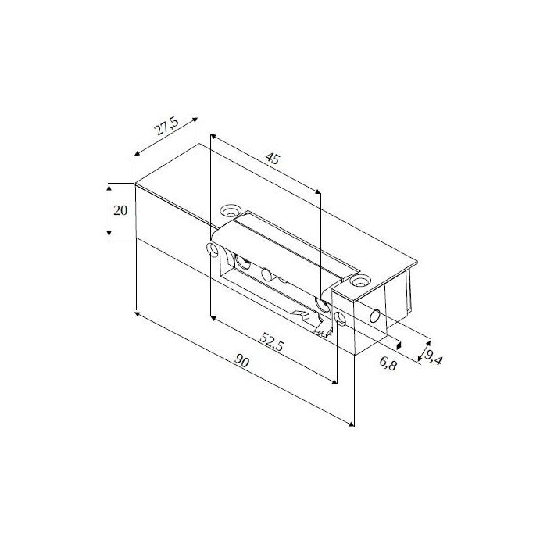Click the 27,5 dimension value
tap(166, 127)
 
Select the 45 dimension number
tap(273, 159)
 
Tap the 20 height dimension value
tap(120, 210)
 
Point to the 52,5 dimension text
tap(272, 341)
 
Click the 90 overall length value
tap(241, 361)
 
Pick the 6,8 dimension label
tap(388, 364)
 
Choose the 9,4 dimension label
tap(433, 356)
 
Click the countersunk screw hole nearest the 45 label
tap(231, 211)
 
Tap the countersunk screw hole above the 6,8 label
tap(360, 281)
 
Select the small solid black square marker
tap(399, 345)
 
